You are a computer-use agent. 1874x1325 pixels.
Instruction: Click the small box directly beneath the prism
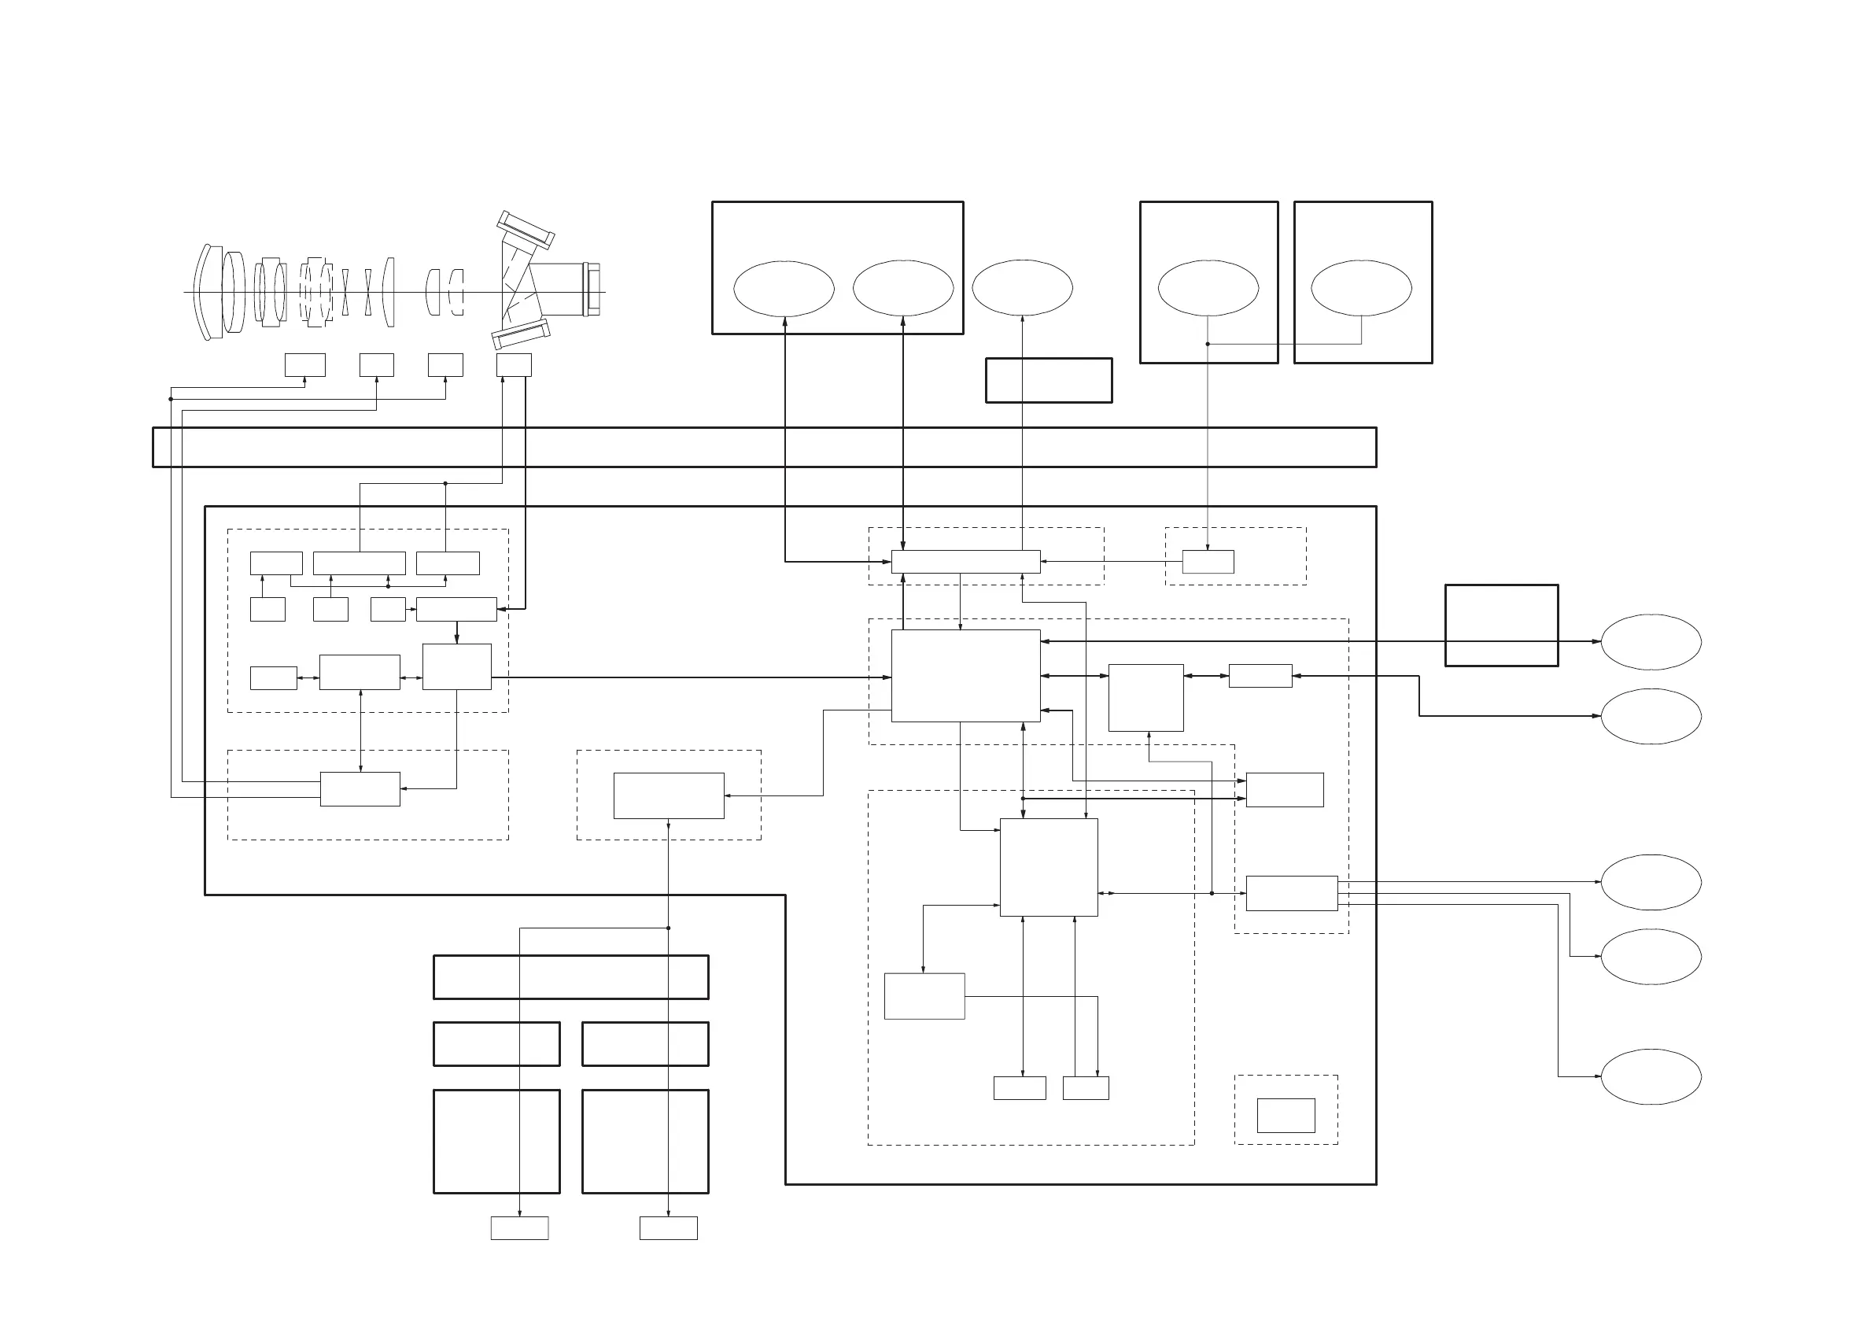click(x=514, y=365)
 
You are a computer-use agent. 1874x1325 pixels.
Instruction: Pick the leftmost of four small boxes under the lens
click(x=304, y=365)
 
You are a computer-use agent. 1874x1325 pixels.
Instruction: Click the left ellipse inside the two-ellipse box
click(x=784, y=288)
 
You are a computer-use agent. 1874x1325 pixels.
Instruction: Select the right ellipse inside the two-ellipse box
click(x=902, y=288)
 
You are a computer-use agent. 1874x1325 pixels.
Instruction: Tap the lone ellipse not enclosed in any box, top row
click(x=1022, y=287)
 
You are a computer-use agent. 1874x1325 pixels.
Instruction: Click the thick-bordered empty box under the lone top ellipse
click(x=1048, y=381)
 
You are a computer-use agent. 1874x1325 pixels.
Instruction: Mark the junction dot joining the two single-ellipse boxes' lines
click(x=1207, y=344)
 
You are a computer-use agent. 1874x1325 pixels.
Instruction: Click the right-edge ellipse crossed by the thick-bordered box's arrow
click(x=1651, y=642)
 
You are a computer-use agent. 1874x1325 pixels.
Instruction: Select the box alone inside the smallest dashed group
click(x=1286, y=1115)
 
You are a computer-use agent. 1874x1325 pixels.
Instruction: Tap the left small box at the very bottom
click(x=519, y=1228)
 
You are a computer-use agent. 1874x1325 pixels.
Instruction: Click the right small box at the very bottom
click(x=668, y=1228)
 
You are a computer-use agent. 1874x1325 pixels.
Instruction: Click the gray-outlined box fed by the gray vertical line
click(x=1208, y=562)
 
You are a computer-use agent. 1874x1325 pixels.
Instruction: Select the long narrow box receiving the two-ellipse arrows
click(x=965, y=562)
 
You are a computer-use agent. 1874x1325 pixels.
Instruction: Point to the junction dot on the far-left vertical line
click(x=171, y=399)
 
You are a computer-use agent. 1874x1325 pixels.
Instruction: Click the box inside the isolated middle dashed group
click(x=669, y=795)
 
